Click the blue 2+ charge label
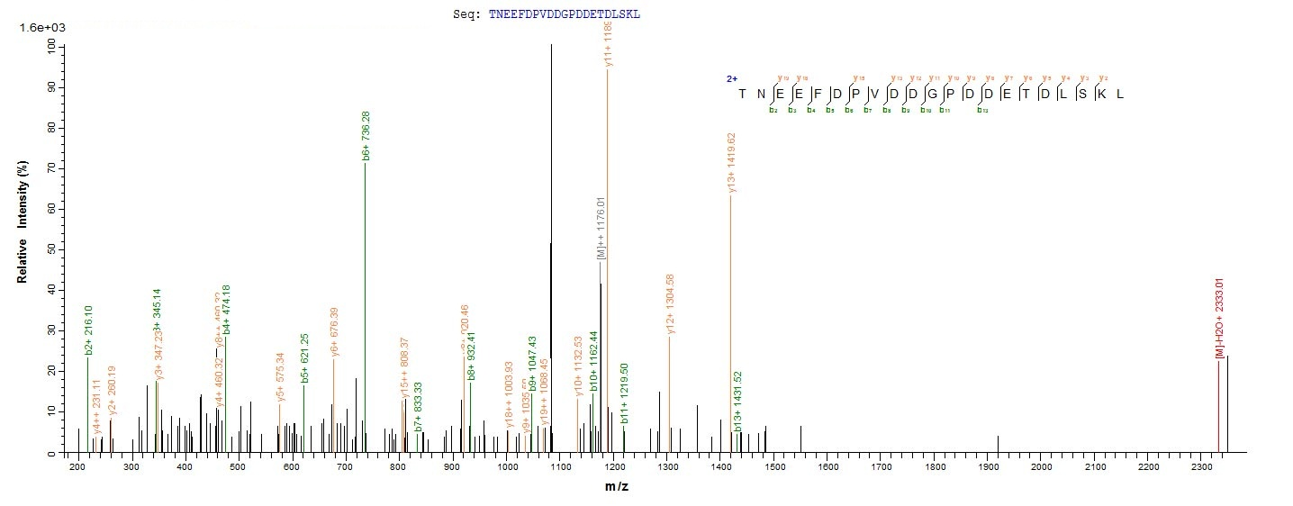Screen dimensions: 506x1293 pyautogui.click(x=731, y=79)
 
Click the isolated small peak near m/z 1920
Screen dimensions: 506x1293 pyautogui.click(x=998, y=444)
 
